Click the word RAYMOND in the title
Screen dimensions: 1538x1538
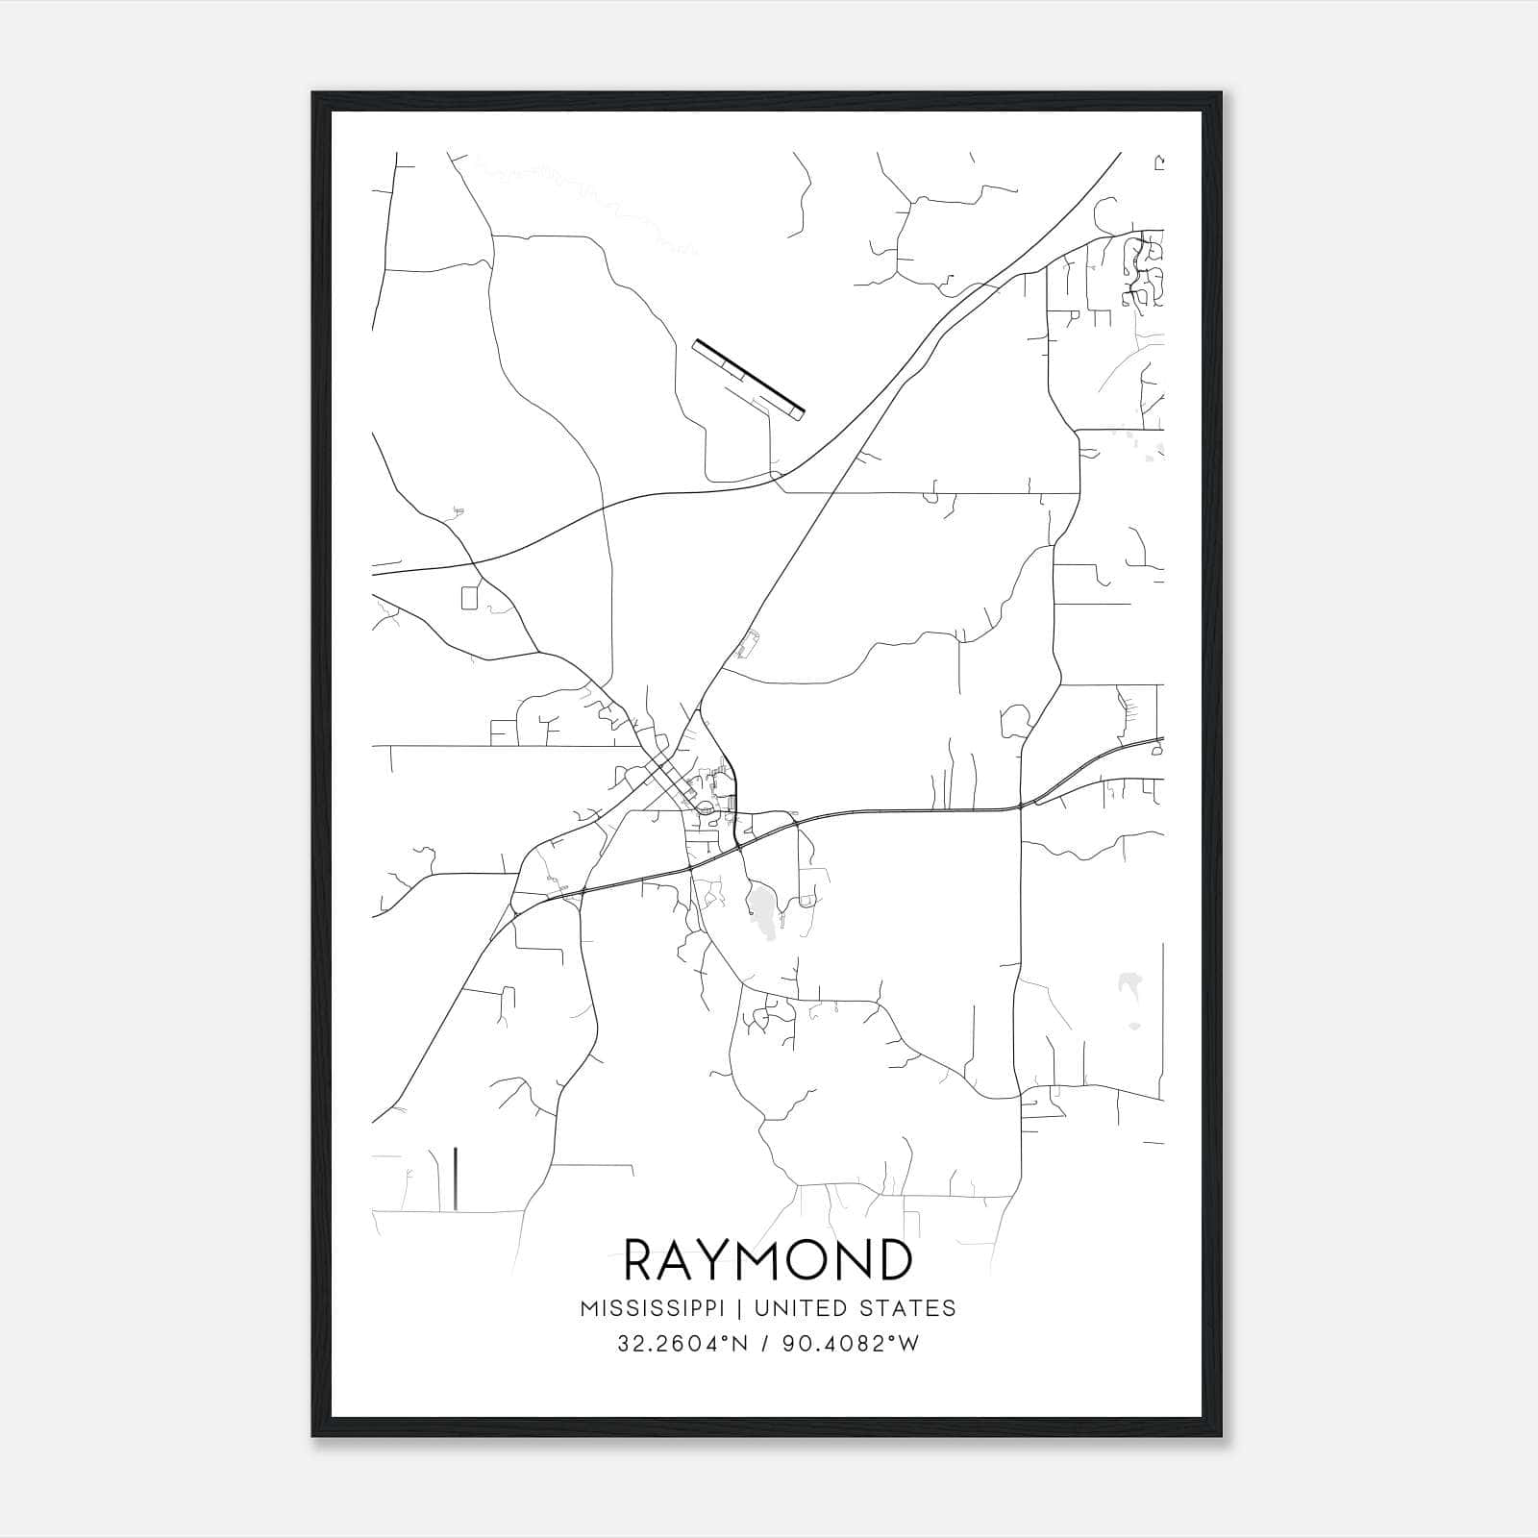pos(768,1259)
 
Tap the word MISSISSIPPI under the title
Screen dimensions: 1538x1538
pos(658,1308)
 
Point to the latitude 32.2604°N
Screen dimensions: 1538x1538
pos(682,1344)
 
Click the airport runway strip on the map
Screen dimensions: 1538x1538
pos(748,378)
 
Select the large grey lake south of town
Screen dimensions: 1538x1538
pos(763,909)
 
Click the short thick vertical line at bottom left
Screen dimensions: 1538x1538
pos(454,1178)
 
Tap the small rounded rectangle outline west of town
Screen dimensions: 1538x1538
pos(469,597)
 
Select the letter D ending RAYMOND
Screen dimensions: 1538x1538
pos(893,1259)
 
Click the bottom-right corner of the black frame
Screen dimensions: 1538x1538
pos(1222,1435)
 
